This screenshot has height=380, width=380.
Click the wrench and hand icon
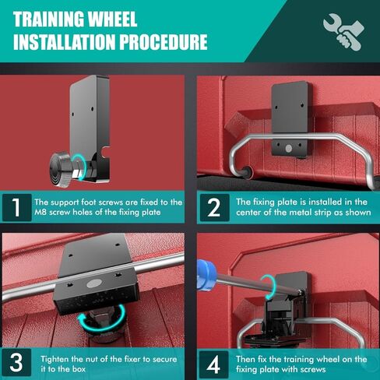343,32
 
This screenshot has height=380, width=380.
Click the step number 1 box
17,208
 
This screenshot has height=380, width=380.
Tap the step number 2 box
215,208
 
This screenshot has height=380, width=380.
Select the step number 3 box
16,362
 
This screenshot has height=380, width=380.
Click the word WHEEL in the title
112,19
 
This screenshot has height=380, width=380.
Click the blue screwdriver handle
206,275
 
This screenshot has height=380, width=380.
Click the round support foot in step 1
60,169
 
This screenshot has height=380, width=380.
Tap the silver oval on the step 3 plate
93,283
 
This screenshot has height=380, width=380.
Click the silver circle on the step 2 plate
289,149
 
